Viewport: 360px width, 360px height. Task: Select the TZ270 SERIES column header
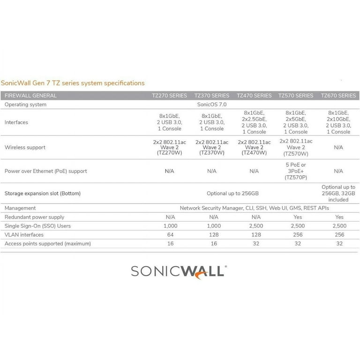[169, 96]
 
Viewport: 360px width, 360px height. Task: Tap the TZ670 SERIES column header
[338, 96]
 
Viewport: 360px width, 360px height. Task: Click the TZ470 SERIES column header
[254, 96]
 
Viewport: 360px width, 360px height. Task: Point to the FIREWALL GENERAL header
[30, 96]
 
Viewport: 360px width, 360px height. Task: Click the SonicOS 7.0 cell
[212, 105]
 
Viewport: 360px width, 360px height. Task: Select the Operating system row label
[25, 105]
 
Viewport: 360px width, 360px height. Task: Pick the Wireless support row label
[25, 147]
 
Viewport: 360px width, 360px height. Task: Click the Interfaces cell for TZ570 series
[296, 122]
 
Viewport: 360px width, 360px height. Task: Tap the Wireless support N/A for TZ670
[339, 147]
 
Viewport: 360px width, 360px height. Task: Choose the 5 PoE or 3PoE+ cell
[296, 171]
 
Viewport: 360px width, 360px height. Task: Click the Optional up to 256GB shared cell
[233, 193]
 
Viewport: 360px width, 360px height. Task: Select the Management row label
[20, 208]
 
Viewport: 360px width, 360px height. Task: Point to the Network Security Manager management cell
[255, 208]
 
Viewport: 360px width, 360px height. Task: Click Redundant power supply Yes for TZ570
[297, 217]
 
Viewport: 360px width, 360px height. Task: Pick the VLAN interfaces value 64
[170, 235]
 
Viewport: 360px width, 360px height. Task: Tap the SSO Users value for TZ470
[254, 226]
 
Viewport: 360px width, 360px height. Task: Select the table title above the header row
[73, 83]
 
